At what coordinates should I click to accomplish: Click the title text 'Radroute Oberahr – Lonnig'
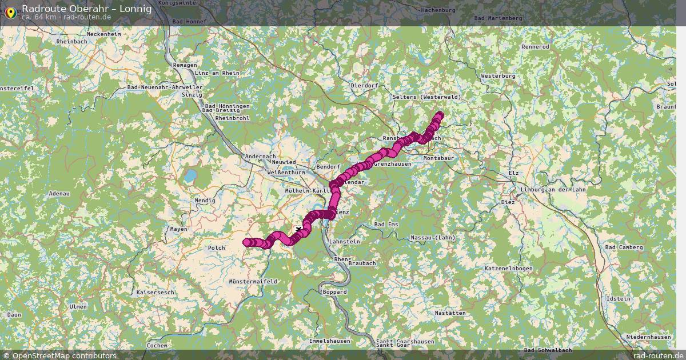click(x=87, y=8)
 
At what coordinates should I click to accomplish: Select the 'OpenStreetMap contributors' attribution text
click(x=64, y=355)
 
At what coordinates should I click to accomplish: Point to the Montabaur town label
click(x=438, y=158)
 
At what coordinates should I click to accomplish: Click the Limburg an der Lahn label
click(x=553, y=190)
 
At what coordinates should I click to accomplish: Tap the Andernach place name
click(x=260, y=157)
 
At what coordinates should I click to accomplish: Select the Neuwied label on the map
click(x=284, y=162)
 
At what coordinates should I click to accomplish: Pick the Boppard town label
click(x=335, y=291)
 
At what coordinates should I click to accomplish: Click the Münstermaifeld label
click(x=253, y=282)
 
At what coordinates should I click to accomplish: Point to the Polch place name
click(x=217, y=247)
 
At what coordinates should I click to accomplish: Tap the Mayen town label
click(x=178, y=229)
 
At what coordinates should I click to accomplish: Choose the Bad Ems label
click(x=386, y=225)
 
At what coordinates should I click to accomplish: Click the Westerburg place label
click(x=498, y=75)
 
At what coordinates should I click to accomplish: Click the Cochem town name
click(x=157, y=345)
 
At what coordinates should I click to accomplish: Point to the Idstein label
click(x=619, y=299)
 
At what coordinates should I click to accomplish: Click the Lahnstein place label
click(x=345, y=242)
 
